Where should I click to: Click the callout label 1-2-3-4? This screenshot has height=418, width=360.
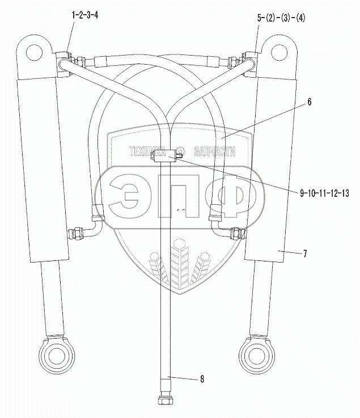85,15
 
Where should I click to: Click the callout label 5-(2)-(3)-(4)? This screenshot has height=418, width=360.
281,18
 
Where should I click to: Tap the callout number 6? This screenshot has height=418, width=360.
309,102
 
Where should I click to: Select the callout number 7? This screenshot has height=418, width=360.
305,254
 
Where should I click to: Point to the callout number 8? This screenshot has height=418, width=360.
202,379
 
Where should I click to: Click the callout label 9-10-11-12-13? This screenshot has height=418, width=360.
324,193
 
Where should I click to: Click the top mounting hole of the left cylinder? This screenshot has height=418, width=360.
35,53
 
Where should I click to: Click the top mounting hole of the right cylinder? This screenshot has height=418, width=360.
279,52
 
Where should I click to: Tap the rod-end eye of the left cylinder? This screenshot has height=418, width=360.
57,356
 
